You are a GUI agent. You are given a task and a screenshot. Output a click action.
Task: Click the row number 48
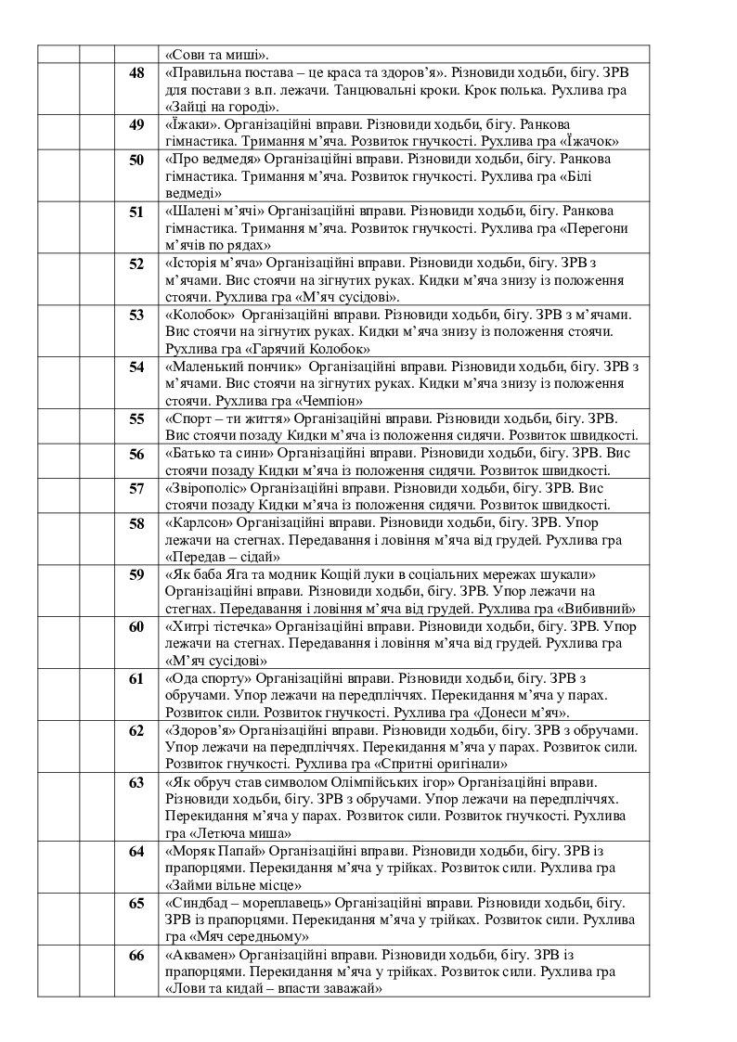[x=136, y=73]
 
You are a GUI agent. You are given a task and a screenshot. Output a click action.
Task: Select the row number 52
[x=136, y=264]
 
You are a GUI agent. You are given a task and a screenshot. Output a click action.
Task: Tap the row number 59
[x=136, y=575]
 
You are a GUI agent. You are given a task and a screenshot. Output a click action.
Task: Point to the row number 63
[x=136, y=783]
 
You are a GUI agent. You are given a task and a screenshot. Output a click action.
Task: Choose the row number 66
[x=136, y=957]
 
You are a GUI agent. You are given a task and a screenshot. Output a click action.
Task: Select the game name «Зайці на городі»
[x=215, y=108]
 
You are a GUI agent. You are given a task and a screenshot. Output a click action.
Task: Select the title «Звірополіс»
[x=204, y=488]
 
